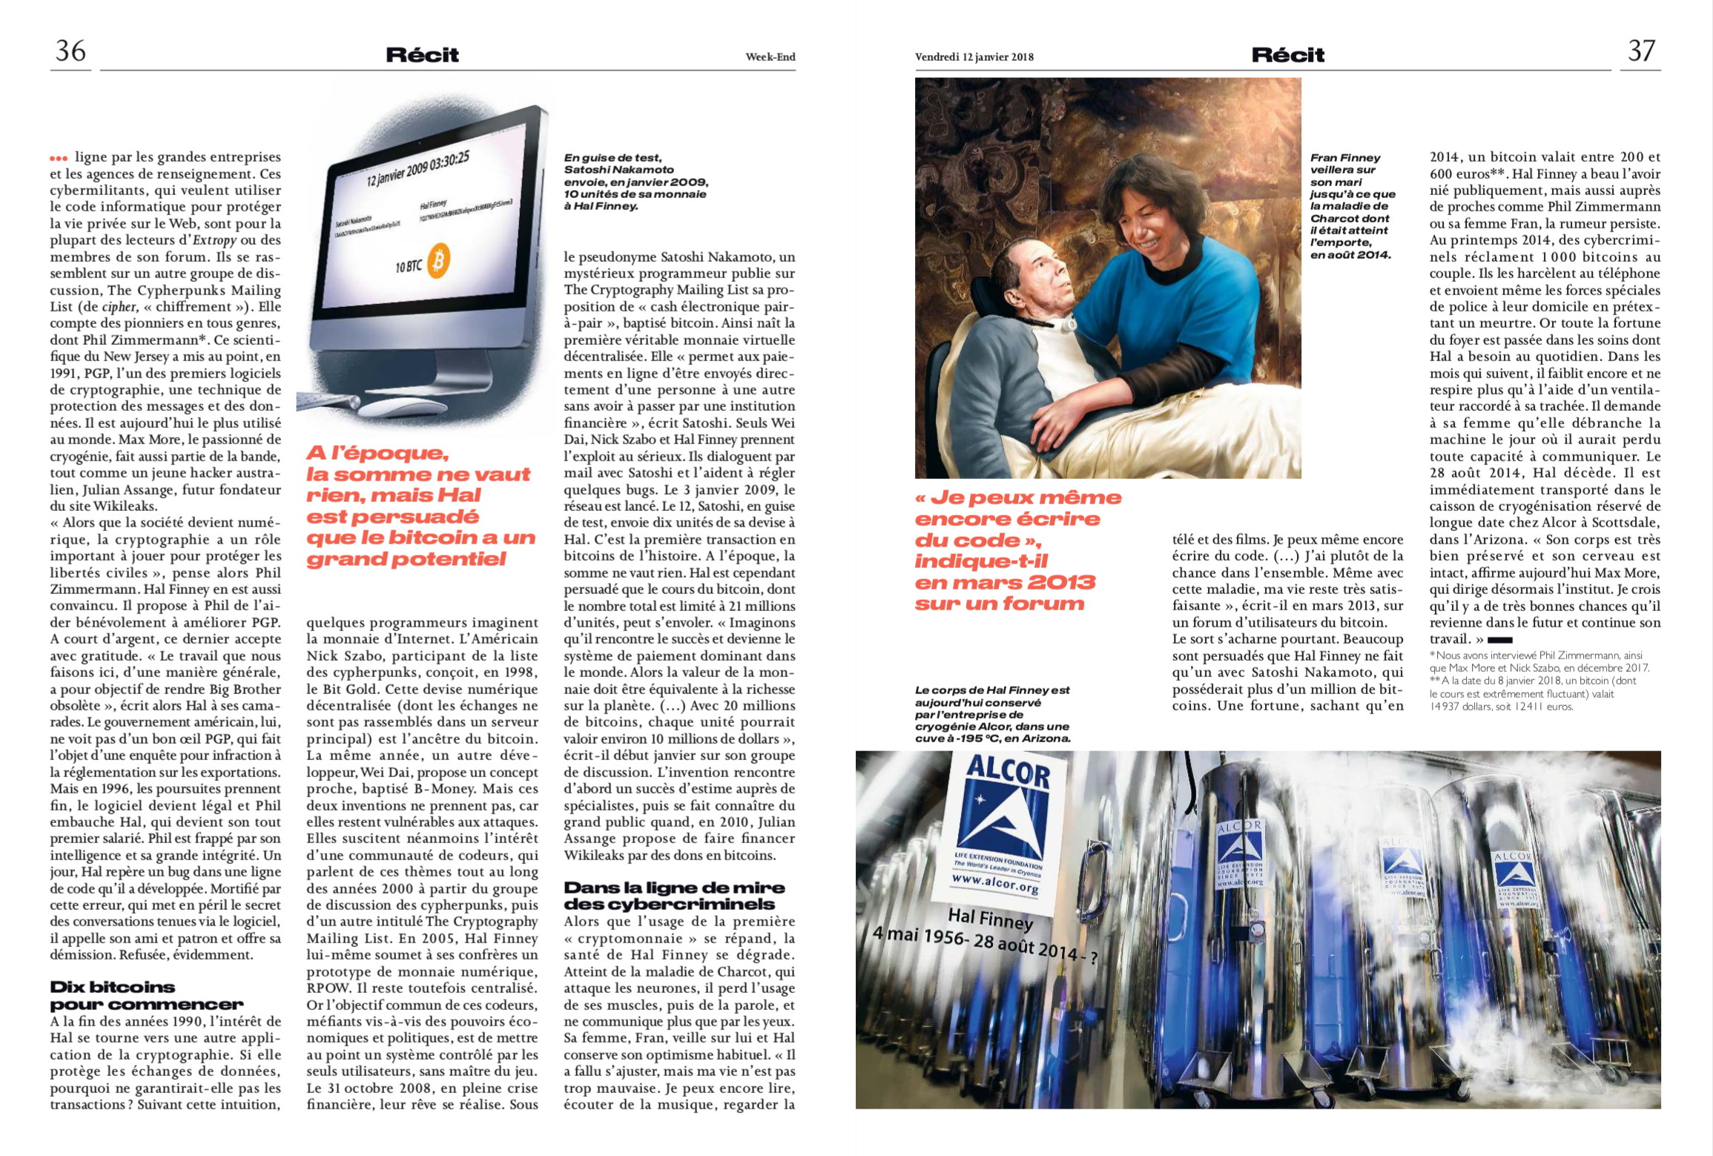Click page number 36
[x=70, y=50]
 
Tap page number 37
[x=1641, y=50]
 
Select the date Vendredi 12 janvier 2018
[x=974, y=57]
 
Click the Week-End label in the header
[x=770, y=57]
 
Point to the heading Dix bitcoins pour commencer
[x=146, y=996]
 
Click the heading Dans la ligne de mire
[x=673, y=896]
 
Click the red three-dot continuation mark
[x=59, y=158]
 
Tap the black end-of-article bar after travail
[x=1499, y=640]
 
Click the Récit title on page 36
[x=422, y=55]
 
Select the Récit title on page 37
[x=1287, y=55]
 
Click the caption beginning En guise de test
[x=636, y=182]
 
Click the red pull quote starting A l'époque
[x=419, y=506]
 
